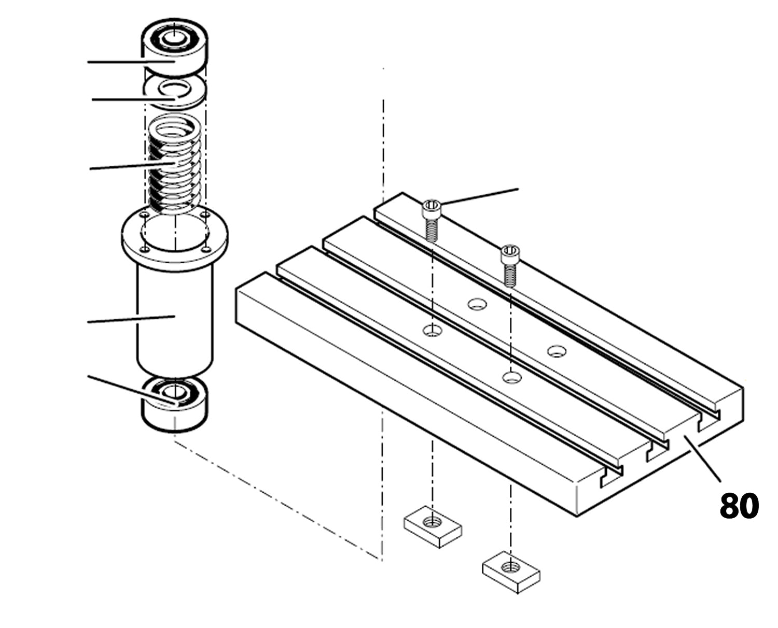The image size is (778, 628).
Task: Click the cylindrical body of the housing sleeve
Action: point(175,316)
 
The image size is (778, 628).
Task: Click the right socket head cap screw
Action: point(509,264)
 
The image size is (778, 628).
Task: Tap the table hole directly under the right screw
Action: point(511,377)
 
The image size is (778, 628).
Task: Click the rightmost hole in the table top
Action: point(557,351)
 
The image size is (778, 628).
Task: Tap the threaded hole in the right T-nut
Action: point(511,567)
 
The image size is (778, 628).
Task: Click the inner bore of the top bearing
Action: point(175,37)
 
